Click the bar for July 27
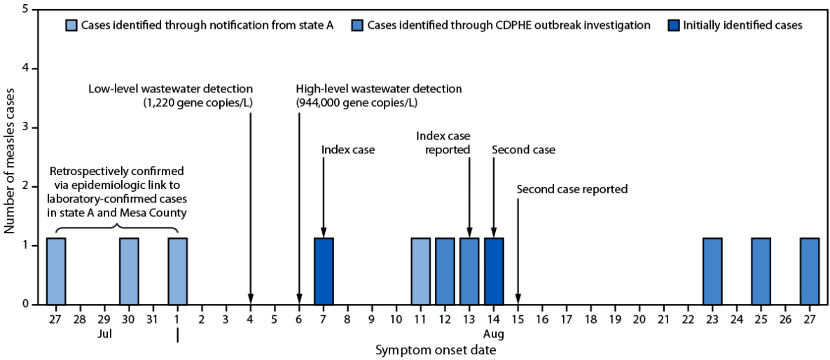point(56,271)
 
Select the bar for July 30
point(129,271)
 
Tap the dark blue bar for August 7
point(324,271)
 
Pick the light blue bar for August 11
point(420,271)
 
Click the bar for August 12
point(445,271)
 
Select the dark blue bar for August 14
point(494,271)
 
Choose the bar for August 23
point(712,271)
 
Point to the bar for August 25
point(761,271)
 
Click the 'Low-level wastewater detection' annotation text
point(171,89)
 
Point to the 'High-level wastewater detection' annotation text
point(379,89)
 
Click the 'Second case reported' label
point(572,189)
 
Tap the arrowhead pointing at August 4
point(251,300)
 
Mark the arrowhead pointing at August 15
point(518,300)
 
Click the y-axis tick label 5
point(25,10)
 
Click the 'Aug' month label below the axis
point(494,334)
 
